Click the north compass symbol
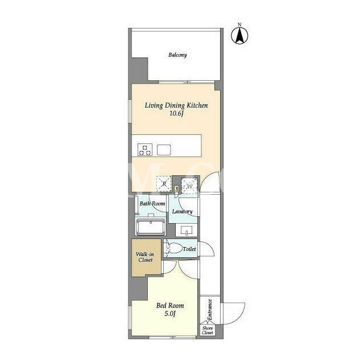point(239,35)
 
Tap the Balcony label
point(177,55)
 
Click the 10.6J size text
point(176,113)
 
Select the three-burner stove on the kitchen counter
point(145,149)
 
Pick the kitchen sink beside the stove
point(164,150)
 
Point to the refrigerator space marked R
point(164,184)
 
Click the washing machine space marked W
point(189,186)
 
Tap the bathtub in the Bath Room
point(151,227)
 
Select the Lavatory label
point(182,212)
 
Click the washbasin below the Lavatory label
point(187,230)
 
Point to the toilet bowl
point(174,248)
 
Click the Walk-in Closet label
point(145,257)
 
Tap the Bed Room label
point(170,306)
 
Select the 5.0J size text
point(170,314)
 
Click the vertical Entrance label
point(210,310)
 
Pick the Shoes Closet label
point(207,330)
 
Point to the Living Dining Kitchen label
point(176,105)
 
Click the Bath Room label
point(152,204)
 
